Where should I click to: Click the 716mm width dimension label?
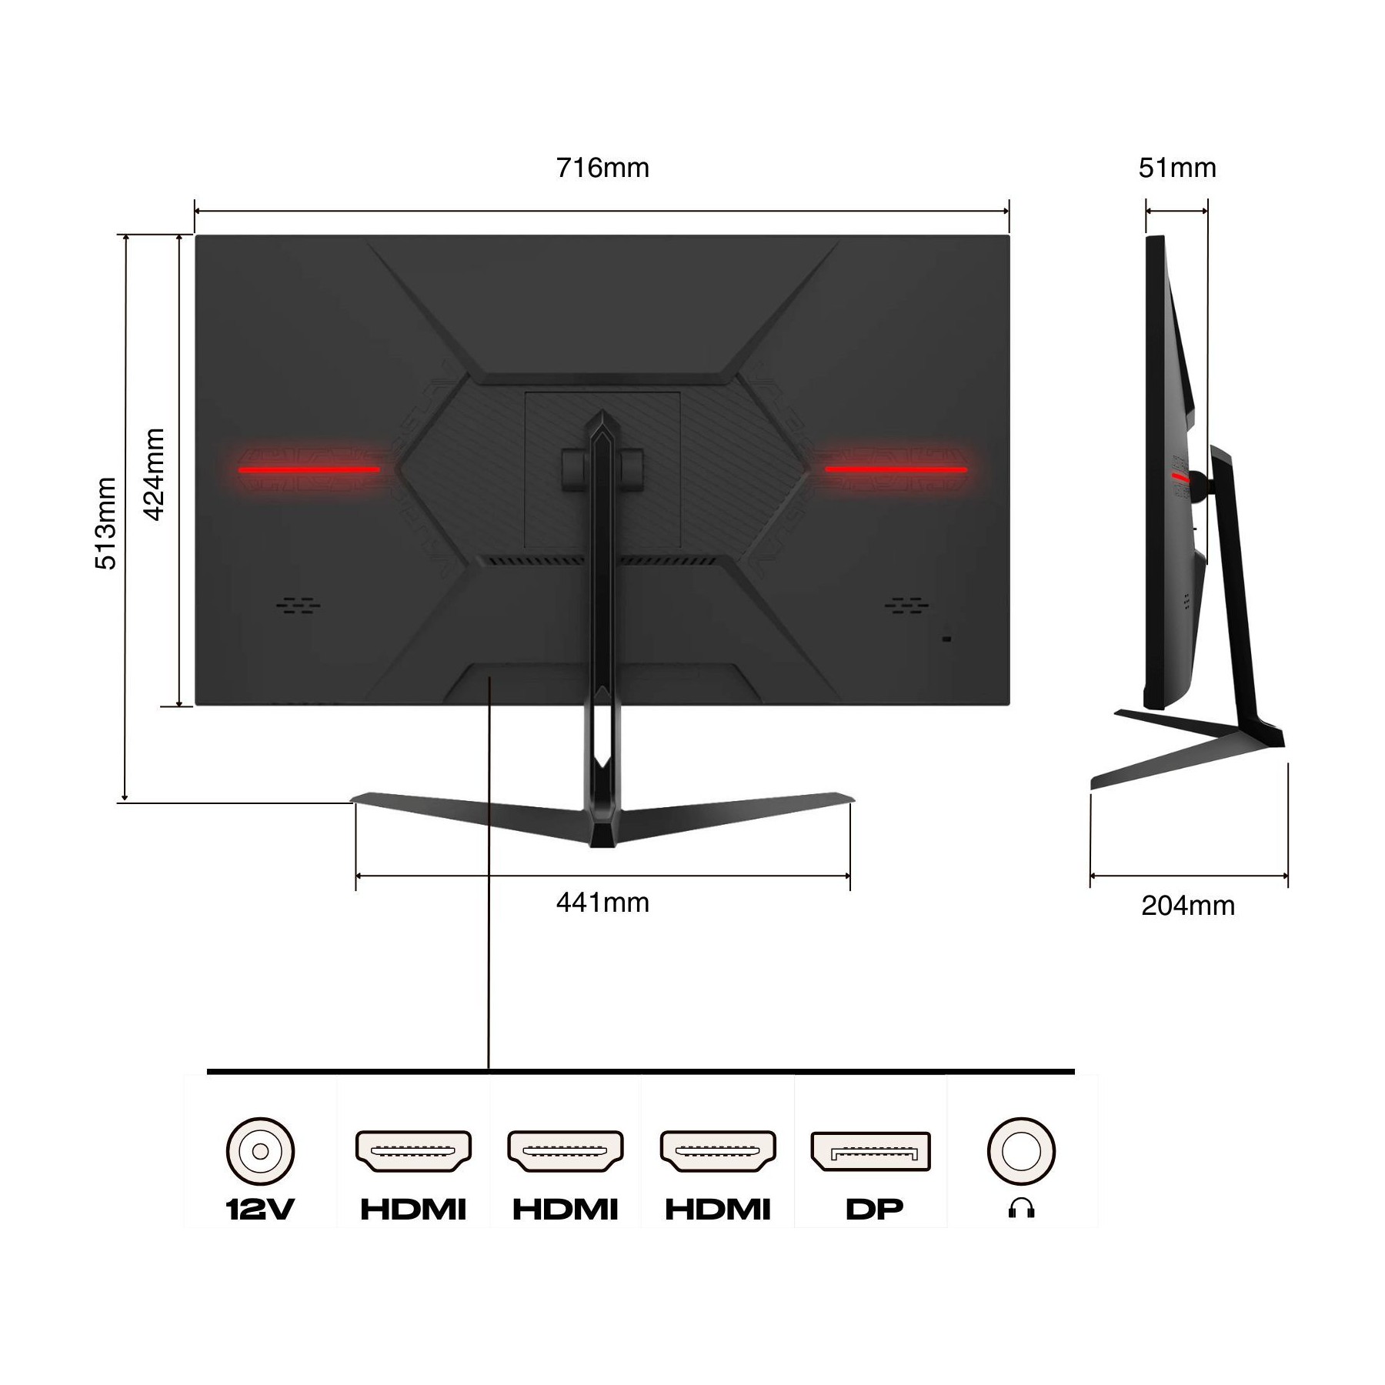tap(602, 168)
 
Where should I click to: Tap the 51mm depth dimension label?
tap(1177, 168)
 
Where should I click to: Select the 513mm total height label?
tap(106, 523)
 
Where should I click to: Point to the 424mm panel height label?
tap(155, 475)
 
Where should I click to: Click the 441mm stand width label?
tap(602, 902)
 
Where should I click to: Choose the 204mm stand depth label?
tap(1188, 906)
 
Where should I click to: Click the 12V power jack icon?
tap(260, 1152)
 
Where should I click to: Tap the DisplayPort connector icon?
tap(870, 1151)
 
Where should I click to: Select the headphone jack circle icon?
tap(1021, 1152)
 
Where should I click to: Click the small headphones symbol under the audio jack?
tap(1021, 1210)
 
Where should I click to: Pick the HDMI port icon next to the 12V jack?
tap(413, 1151)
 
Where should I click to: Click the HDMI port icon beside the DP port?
tap(718, 1151)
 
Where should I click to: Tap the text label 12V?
tap(260, 1210)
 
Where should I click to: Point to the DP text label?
tap(874, 1210)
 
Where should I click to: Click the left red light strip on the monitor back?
tap(309, 469)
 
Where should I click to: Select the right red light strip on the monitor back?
tap(896, 469)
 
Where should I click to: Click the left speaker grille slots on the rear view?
tap(299, 605)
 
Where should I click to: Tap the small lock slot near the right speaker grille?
tap(946, 639)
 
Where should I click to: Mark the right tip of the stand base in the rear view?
tap(853, 801)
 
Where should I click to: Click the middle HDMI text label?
tap(566, 1210)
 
